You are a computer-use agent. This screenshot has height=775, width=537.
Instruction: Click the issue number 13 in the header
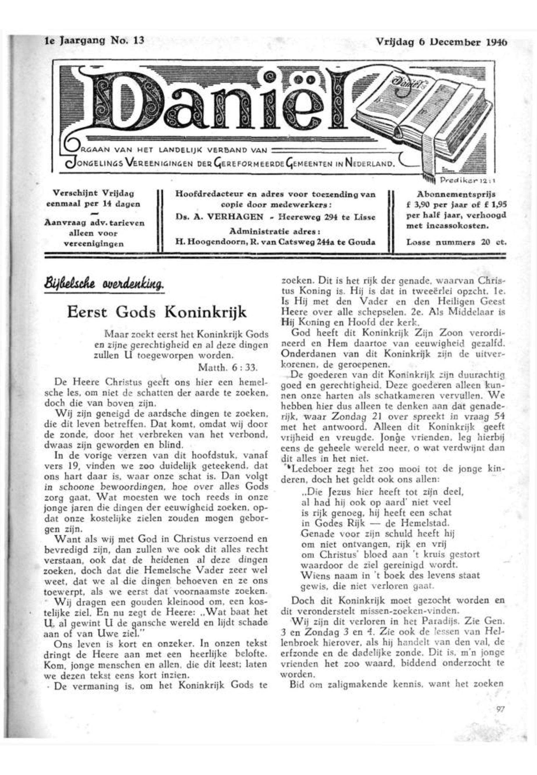click(x=139, y=40)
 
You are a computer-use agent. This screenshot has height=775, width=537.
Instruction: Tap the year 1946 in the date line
click(x=496, y=43)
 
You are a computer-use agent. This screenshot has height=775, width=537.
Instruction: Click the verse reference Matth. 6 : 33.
click(x=228, y=367)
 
